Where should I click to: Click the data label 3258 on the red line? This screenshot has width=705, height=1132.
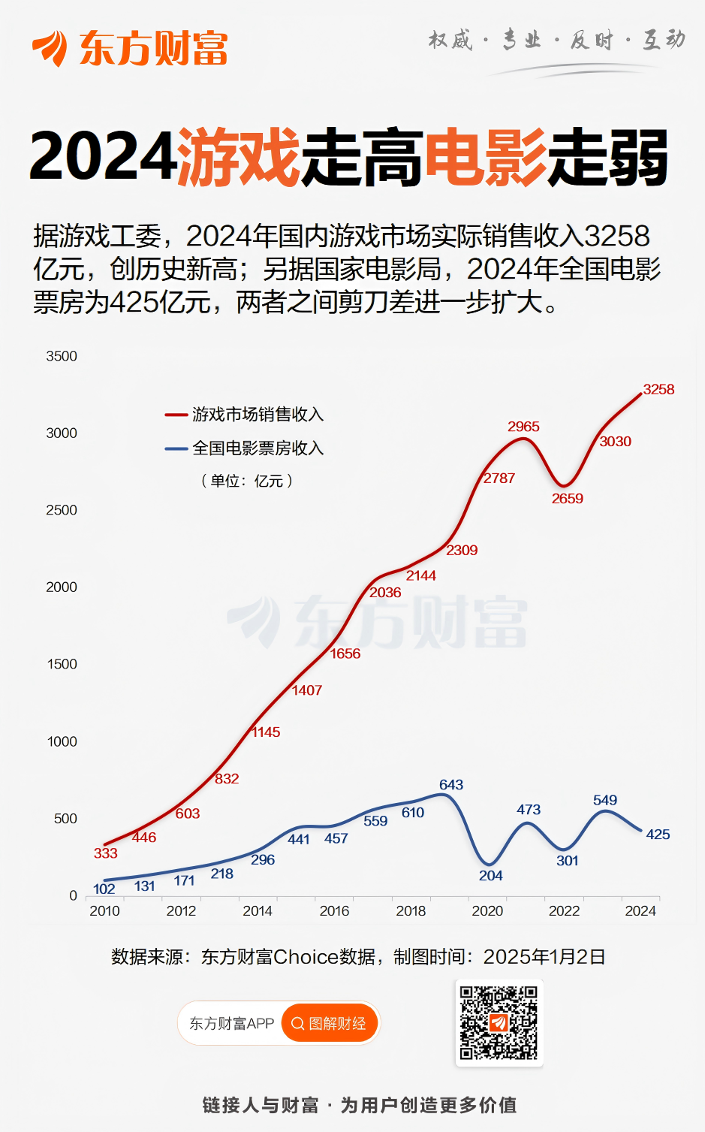click(x=658, y=389)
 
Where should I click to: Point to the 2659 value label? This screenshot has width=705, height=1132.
click(x=567, y=498)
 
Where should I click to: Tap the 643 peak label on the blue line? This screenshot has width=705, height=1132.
click(x=451, y=784)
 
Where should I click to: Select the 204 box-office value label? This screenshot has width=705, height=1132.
click(x=490, y=875)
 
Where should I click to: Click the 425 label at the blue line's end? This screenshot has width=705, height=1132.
click(x=658, y=834)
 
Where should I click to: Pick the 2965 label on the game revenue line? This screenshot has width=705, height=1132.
click(x=523, y=426)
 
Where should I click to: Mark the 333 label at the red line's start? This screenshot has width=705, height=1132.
click(x=106, y=853)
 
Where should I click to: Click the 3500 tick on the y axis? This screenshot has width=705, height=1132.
click(x=62, y=356)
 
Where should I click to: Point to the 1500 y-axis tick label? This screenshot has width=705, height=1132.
click(x=62, y=664)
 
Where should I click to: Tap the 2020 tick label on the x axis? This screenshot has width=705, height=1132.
click(x=487, y=910)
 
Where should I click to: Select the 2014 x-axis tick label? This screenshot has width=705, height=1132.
click(x=258, y=910)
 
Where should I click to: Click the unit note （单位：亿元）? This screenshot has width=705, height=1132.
click(x=247, y=481)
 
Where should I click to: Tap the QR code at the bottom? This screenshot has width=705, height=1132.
click(x=499, y=1022)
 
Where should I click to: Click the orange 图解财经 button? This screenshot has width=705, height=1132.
click(x=329, y=1023)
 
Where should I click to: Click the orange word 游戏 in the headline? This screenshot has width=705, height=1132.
click(x=239, y=157)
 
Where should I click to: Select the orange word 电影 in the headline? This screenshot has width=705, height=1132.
click(x=486, y=157)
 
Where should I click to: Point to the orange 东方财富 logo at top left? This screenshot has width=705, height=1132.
click(x=130, y=48)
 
